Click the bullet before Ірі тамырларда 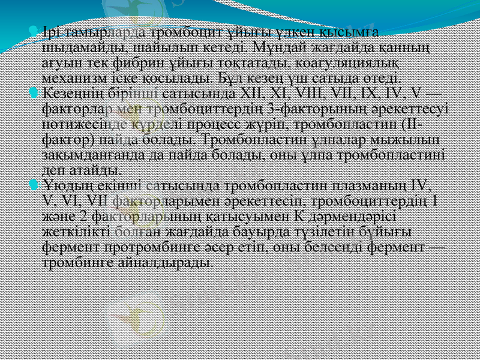[x=38, y=31]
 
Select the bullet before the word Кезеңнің [x=38, y=94]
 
